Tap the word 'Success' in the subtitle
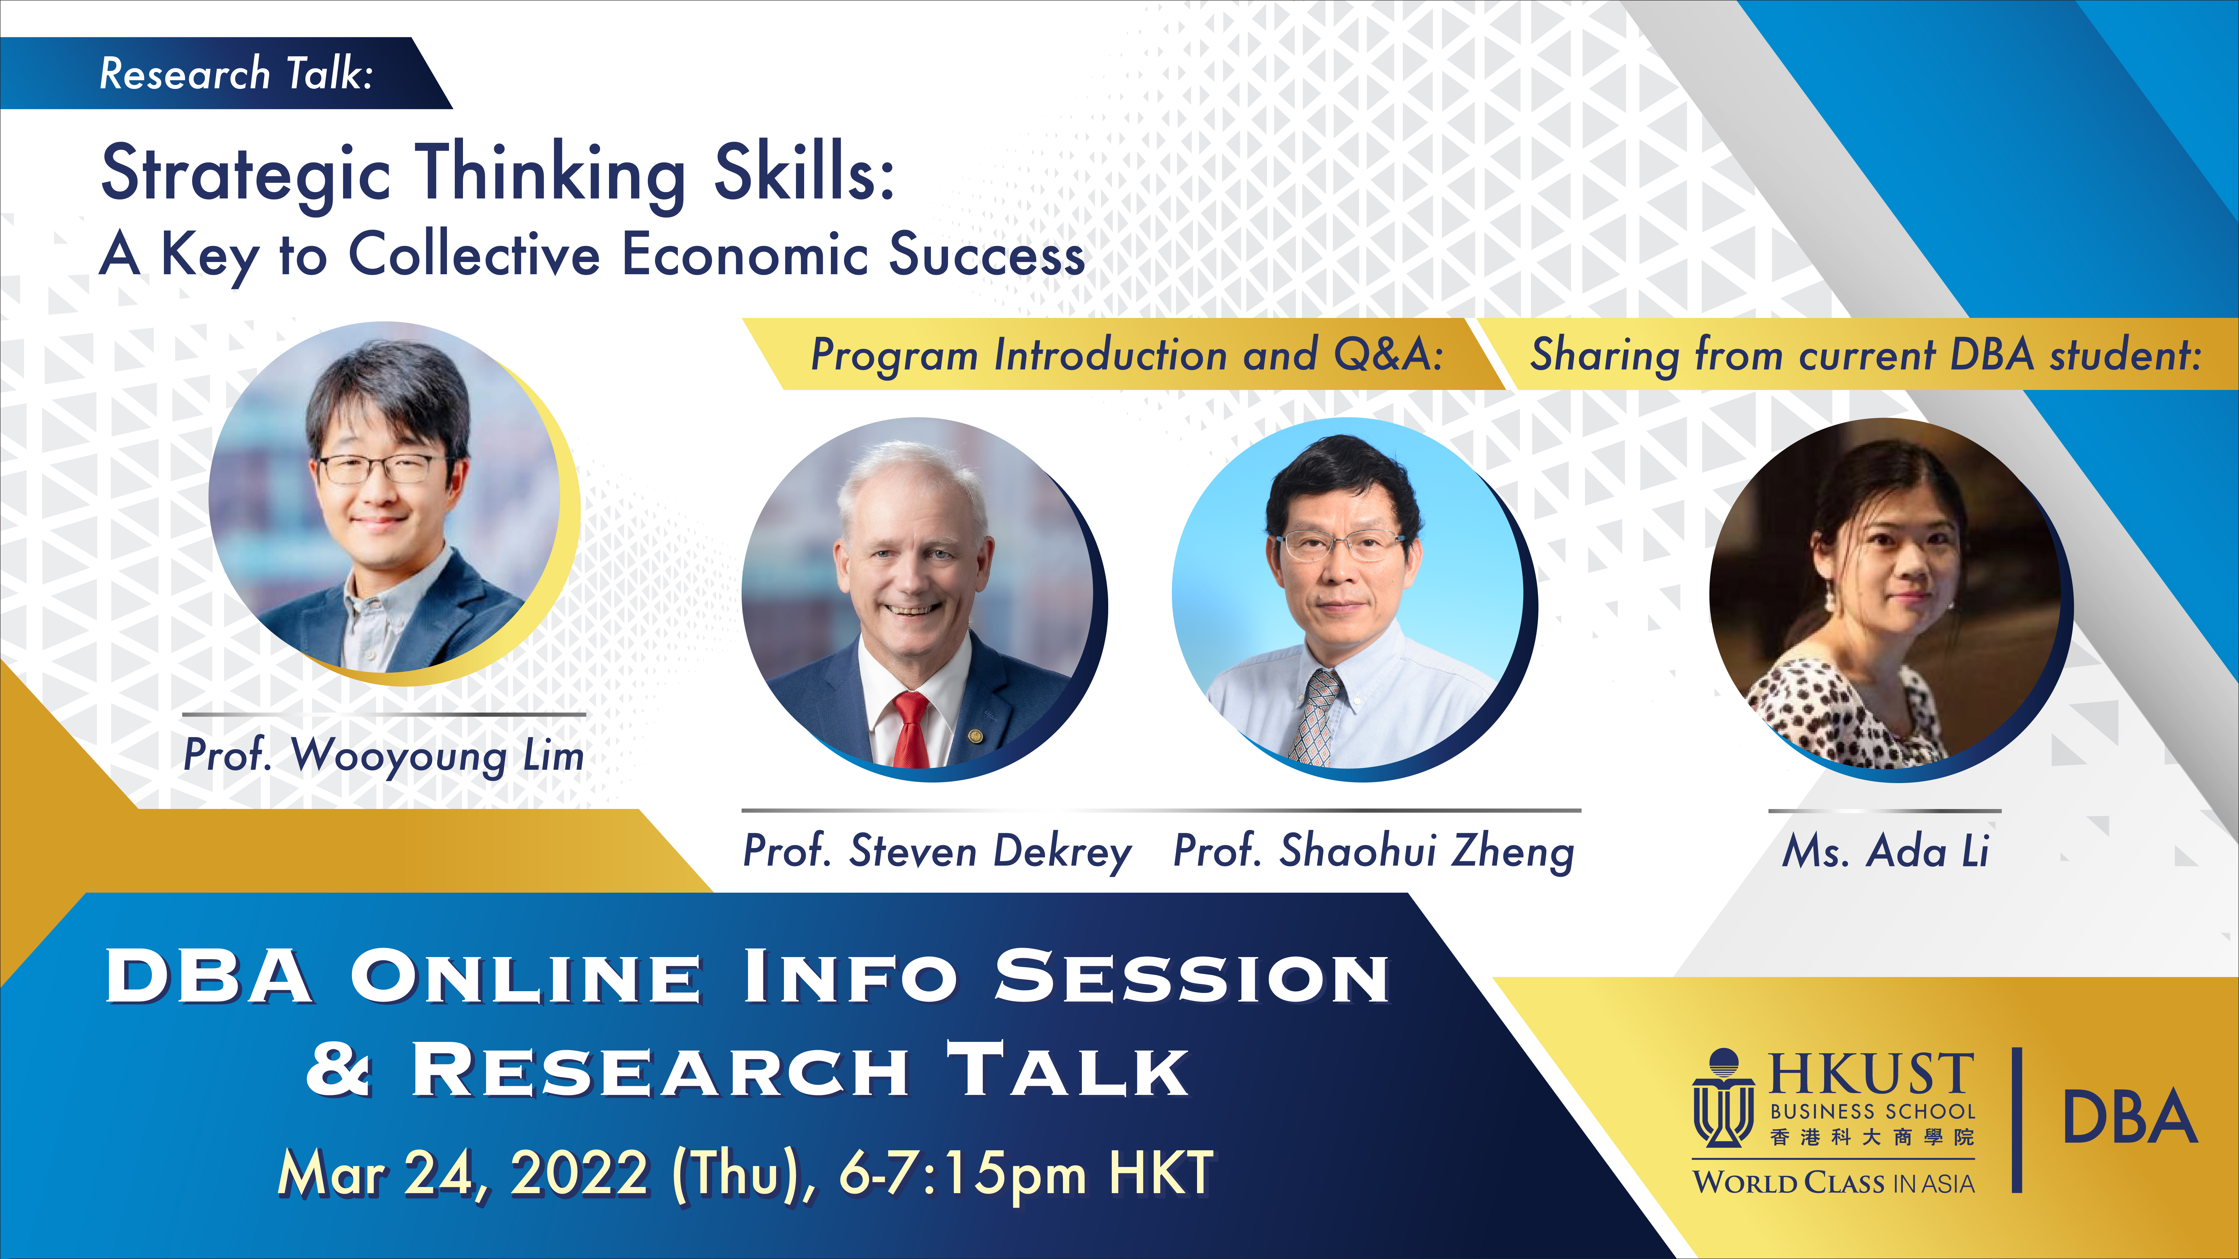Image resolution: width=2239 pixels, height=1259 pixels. tap(987, 255)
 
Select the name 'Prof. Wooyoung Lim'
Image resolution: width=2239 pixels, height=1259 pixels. tap(383, 755)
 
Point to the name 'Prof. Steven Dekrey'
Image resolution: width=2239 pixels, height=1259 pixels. tap(937, 851)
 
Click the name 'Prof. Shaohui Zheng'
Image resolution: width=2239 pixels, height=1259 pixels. tap(1373, 851)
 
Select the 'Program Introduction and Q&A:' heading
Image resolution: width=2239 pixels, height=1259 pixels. tap(1126, 354)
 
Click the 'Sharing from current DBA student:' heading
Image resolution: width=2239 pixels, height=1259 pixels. tap(1865, 354)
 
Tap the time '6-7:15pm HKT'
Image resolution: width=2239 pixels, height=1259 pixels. tap(1026, 1173)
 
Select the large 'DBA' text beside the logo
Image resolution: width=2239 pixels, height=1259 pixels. tap(2129, 1116)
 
